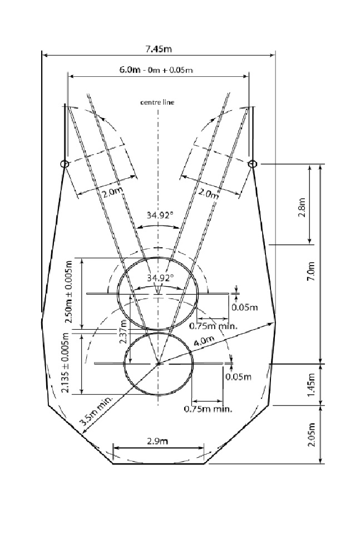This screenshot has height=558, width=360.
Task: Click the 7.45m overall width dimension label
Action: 159,49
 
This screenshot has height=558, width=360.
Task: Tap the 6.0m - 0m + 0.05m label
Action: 156,70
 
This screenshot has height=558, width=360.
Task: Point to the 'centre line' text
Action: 157,102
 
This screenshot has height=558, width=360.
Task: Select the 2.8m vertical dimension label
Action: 302,208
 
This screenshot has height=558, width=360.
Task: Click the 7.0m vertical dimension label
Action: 311,271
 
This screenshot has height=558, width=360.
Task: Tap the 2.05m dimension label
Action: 311,434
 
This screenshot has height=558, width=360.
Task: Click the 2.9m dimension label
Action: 157,441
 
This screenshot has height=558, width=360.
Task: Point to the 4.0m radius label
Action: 204,341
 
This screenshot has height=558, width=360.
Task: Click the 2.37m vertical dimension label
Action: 123,331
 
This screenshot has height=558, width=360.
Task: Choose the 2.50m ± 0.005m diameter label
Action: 69,292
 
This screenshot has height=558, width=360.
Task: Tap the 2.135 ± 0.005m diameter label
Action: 66,363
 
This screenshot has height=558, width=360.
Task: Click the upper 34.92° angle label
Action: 160,215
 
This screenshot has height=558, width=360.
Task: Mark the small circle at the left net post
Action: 65,164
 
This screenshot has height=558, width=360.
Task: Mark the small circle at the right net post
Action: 252,164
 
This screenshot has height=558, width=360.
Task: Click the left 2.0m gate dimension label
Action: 112,193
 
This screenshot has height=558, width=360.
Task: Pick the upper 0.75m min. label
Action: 213,326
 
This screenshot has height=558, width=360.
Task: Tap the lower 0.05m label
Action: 239,376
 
